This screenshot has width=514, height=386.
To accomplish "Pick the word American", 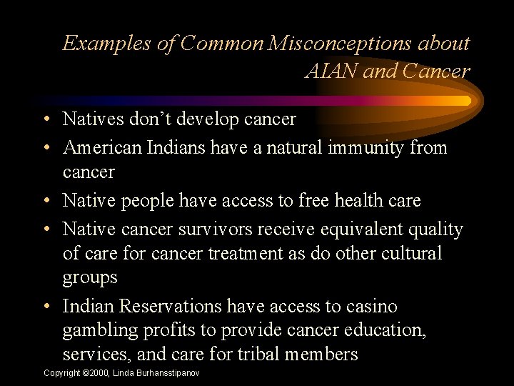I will point(102,148).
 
